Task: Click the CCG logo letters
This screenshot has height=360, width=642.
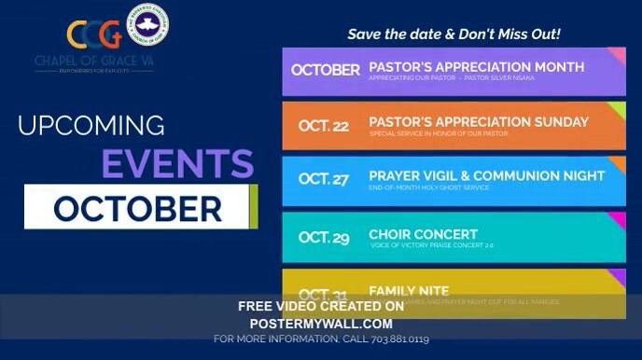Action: click(x=94, y=35)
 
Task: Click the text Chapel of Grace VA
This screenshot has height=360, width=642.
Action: click(x=94, y=63)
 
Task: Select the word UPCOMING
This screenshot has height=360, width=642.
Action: click(x=91, y=125)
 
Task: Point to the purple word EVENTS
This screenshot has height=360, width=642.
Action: click(x=177, y=164)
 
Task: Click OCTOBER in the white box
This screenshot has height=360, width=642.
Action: click(x=137, y=207)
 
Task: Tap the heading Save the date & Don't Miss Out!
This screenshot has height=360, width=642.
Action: click(x=454, y=35)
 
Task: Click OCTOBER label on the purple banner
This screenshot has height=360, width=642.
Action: click(x=325, y=70)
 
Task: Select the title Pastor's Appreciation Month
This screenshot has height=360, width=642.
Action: click(x=476, y=67)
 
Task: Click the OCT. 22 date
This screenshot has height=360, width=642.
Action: click(x=324, y=126)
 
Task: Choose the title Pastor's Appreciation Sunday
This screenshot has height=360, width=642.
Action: click(x=478, y=122)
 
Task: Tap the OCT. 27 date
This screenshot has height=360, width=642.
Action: click(x=324, y=179)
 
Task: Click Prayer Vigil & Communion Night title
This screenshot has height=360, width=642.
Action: click(x=486, y=175)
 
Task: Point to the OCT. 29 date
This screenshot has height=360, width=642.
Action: click(x=324, y=238)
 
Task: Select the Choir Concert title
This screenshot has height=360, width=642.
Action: click(x=423, y=234)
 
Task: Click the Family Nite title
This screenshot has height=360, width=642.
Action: click(x=409, y=291)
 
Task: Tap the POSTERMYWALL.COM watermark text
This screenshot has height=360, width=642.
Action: click(x=320, y=323)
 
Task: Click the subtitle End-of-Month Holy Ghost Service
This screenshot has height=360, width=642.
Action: click(x=429, y=188)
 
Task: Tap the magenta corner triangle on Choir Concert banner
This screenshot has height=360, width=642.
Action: click(x=618, y=219)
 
